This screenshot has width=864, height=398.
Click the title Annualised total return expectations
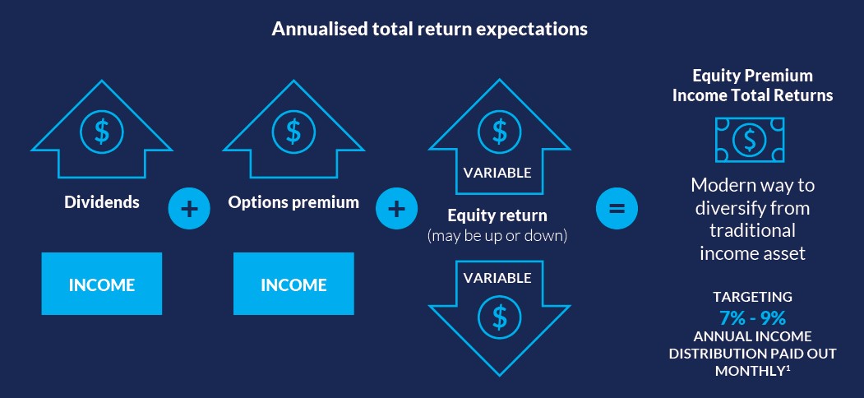[x=429, y=29]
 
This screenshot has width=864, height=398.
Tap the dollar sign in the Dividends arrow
[x=102, y=132]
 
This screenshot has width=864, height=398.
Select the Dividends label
[x=102, y=201]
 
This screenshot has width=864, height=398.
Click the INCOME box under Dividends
[x=102, y=284]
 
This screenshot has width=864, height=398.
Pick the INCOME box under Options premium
[x=293, y=284]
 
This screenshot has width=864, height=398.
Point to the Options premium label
[x=293, y=202]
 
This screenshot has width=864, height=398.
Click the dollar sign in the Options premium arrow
[x=293, y=132]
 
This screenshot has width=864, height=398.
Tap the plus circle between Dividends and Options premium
[x=189, y=210]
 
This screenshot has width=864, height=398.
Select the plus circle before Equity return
[x=397, y=210]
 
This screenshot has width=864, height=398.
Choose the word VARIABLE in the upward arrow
[x=497, y=173]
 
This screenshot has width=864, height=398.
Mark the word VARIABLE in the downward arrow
[x=497, y=279]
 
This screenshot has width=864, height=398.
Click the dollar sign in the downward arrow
[x=499, y=317]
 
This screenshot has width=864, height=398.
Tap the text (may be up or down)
[x=497, y=235]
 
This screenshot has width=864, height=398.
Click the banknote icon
[x=750, y=140]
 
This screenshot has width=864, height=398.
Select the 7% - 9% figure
[x=753, y=318]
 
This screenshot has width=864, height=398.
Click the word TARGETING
[x=753, y=297]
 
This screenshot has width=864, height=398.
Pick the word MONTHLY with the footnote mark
[x=753, y=370]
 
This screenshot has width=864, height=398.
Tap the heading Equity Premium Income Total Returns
[x=753, y=86]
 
